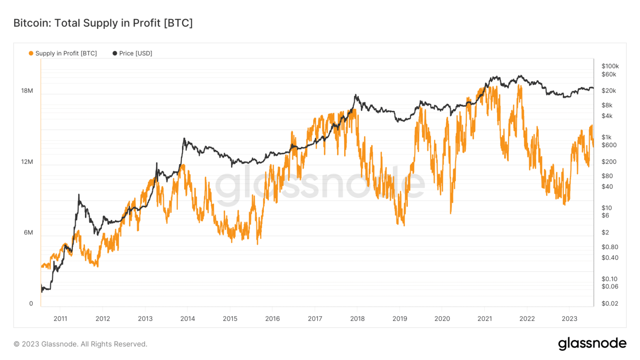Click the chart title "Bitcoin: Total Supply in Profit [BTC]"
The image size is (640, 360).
(103, 23)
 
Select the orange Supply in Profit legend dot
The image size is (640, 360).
(31, 53)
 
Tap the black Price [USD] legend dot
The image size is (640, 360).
(115, 53)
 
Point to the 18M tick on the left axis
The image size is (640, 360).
(27, 91)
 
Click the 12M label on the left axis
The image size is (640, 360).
(27, 162)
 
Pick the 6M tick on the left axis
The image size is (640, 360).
(28, 232)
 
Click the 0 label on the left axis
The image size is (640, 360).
(31, 303)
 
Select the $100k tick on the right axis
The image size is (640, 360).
(610, 66)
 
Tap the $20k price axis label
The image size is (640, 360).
(609, 91)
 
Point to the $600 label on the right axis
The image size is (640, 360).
(609, 145)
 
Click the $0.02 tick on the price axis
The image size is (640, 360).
(610, 303)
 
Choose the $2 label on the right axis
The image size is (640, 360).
(605, 232)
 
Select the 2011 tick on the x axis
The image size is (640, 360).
(60, 319)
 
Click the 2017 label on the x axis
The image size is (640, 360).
(315, 319)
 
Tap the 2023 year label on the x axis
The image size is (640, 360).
(569, 319)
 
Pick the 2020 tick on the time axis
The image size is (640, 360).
(442, 319)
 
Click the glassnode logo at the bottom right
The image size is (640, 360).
(592, 344)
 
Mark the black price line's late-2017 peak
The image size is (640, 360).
(355, 95)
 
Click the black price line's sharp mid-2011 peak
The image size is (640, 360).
(79, 195)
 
